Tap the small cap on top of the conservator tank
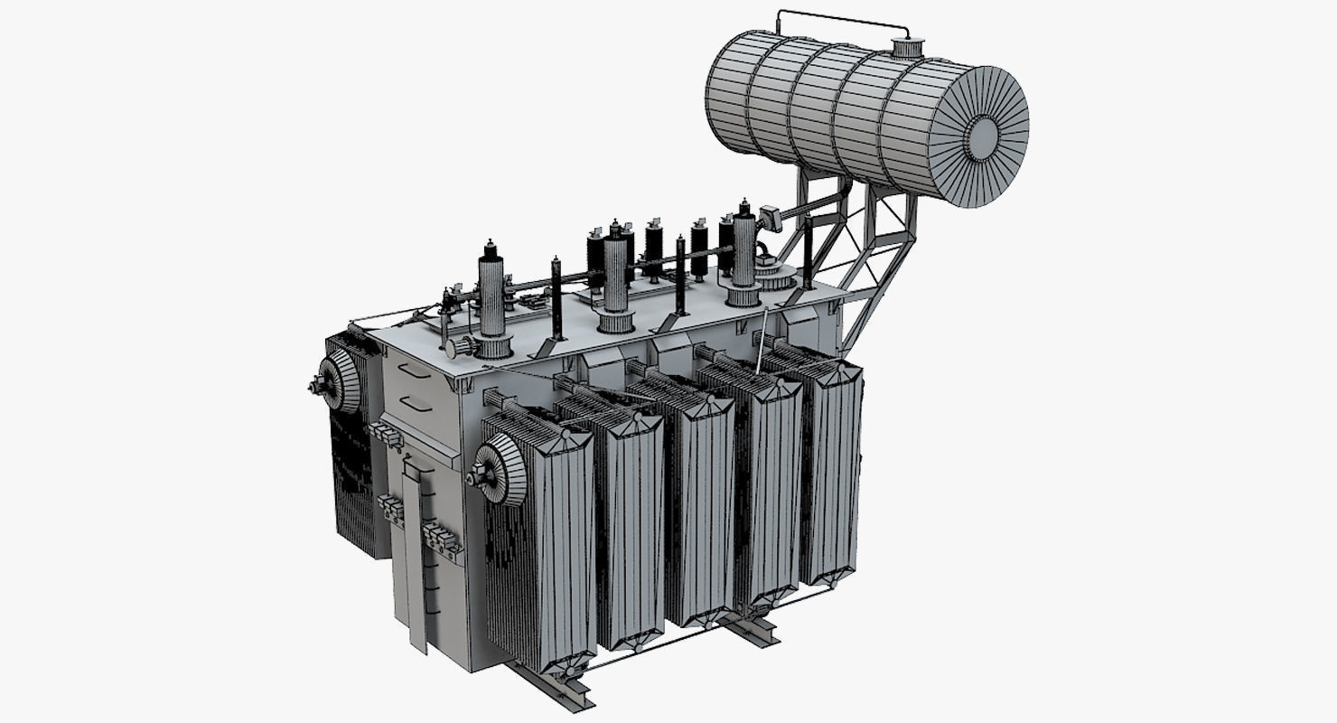(903, 46)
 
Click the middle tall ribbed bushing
(616, 276)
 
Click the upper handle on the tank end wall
(413, 371)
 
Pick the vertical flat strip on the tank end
(415, 551)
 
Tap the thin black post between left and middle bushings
(556, 298)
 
